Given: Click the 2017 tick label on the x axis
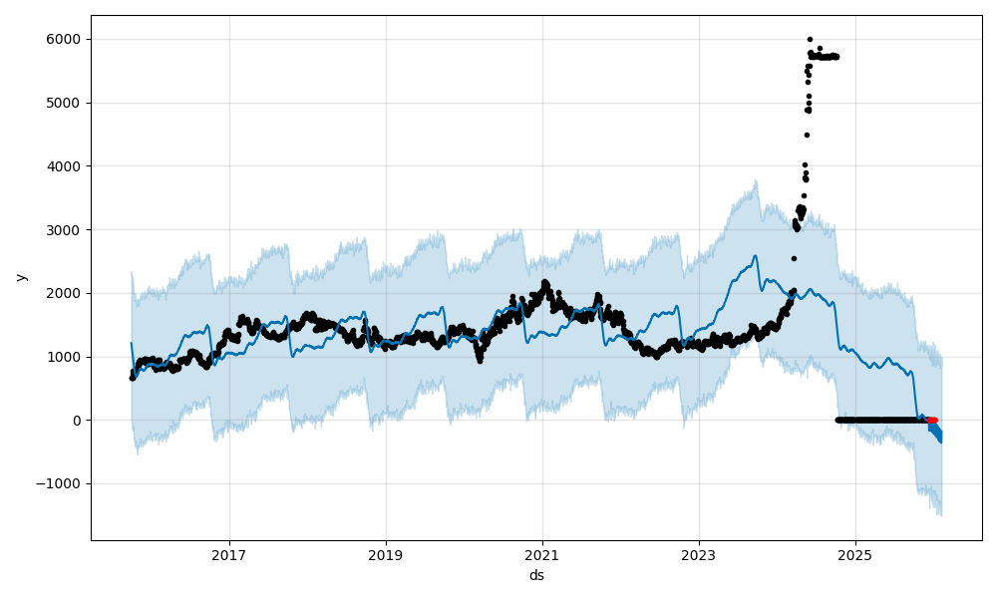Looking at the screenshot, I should tap(229, 554).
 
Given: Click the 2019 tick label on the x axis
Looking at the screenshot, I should tap(386, 554).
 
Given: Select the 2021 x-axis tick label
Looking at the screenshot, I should tap(542, 554).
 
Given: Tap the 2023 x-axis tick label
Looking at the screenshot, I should tap(699, 554).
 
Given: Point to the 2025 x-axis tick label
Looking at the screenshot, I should tap(855, 554).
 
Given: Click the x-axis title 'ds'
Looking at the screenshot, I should tap(536, 575).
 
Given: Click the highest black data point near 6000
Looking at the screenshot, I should tap(810, 39).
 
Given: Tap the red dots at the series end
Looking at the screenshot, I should tap(932, 420).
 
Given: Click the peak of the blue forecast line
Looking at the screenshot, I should tap(755, 256).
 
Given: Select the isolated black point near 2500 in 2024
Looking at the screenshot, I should tap(794, 258).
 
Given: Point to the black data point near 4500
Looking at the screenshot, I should tap(807, 135).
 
